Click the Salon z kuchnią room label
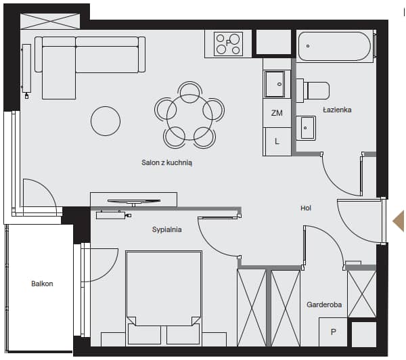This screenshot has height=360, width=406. pyautogui.click(x=166, y=162)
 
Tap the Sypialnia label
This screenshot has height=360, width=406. pyautogui.click(x=166, y=229)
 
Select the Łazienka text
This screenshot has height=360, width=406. pyautogui.click(x=337, y=110)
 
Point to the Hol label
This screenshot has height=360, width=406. pyautogui.click(x=306, y=208)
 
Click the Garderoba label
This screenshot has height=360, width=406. pyautogui.click(x=324, y=305)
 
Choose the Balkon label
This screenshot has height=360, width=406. pyautogui.click(x=42, y=284)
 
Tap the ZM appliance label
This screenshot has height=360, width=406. pyautogui.click(x=277, y=113)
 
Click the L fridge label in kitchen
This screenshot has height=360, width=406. pyautogui.click(x=277, y=141)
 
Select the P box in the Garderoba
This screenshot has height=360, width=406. pyautogui.click(x=333, y=332)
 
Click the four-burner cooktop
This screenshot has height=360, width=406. pyautogui.click(x=229, y=44)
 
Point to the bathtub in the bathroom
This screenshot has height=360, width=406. pyautogui.click(x=334, y=47)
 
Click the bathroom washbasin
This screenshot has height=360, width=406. pyautogui.click(x=306, y=128)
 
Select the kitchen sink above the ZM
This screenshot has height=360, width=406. pyautogui.click(x=275, y=84)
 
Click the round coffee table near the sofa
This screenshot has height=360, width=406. pyautogui.click(x=106, y=121)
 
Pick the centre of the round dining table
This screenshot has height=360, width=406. pyautogui.click(x=189, y=117)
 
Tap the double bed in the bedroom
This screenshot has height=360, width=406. pyautogui.click(x=164, y=298)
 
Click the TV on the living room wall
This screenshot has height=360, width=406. pyautogui.click(x=134, y=202)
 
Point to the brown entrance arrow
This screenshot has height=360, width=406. pyautogui.click(x=399, y=221)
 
